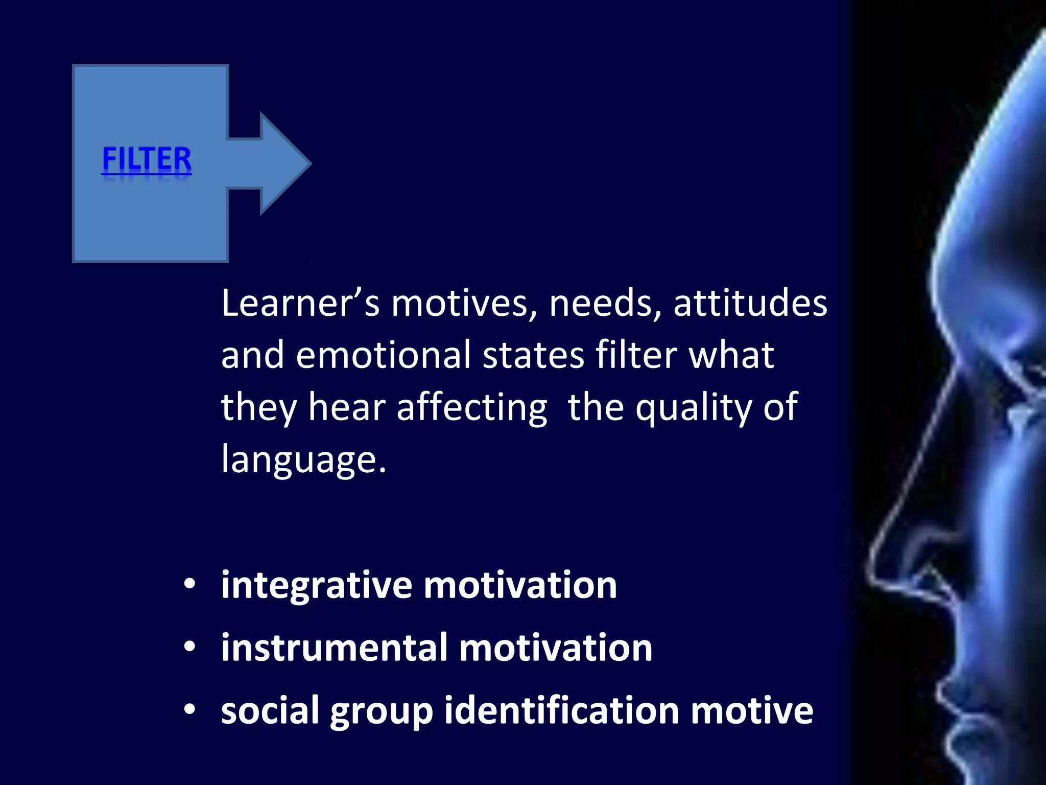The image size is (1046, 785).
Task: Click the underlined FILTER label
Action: (147, 159)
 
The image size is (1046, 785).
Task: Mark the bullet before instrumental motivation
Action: (190, 647)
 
